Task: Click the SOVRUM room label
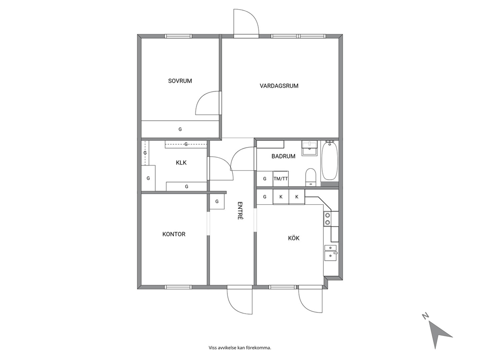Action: [x=180, y=81]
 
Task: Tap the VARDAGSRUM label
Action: [x=279, y=86]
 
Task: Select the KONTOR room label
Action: [x=174, y=234]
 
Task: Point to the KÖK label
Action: [x=294, y=238]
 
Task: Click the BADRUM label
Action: [x=284, y=156]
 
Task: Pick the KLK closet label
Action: [x=181, y=163]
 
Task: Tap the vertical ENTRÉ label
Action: [x=240, y=210]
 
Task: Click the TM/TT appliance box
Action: [x=281, y=179]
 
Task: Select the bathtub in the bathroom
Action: [x=330, y=161]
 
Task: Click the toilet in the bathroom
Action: [x=311, y=177]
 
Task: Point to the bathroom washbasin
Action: [x=310, y=149]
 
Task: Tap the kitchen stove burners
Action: [x=328, y=219]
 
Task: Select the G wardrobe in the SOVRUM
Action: [x=180, y=129]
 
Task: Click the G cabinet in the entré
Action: [x=217, y=201]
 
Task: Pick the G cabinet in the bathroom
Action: [x=265, y=179]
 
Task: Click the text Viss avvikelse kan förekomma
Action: [x=240, y=348]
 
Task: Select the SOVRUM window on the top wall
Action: [x=179, y=36]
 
